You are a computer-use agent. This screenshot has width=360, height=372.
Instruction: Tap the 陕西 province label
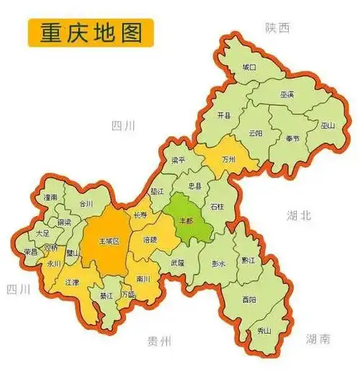tap(276, 27)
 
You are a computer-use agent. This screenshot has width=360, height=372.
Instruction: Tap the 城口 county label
tap(249, 67)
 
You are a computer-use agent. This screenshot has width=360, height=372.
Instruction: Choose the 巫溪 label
tap(287, 94)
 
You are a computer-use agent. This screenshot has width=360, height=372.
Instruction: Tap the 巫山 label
tap(328, 125)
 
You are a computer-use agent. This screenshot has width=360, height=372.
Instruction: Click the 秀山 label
tap(264, 330)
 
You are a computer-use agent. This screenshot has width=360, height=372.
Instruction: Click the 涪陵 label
tap(150, 240)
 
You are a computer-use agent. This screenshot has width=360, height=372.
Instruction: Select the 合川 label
tap(86, 204)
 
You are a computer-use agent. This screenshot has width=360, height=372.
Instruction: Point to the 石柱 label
tap(217, 206)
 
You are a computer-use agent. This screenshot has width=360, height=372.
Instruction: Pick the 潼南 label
tap(50, 196)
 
